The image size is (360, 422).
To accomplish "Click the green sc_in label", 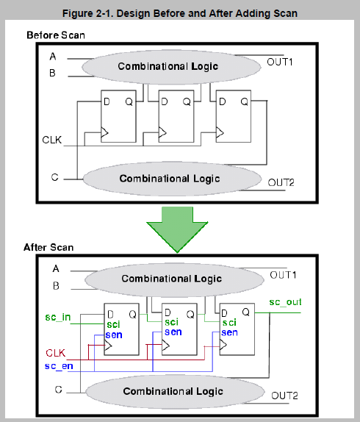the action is [x=58, y=318].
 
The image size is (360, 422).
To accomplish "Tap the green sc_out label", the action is [x=285, y=302].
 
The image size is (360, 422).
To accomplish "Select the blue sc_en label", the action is [x=59, y=366].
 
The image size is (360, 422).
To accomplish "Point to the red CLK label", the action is [x=55, y=353].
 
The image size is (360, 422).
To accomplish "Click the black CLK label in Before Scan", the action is [x=52, y=140].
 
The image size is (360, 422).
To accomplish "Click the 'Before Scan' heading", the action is [x=56, y=35].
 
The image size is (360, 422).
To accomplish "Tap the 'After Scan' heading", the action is [x=48, y=247].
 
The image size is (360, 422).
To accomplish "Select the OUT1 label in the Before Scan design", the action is [x=280, y=62].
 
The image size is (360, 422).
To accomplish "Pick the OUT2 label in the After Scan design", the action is [x=284, y=396].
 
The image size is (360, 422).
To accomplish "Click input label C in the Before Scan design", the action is [x=54, y=177].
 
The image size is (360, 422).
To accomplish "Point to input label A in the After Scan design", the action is [x=56, y=268].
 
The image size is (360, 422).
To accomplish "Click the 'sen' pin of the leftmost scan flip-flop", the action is [x=114, y=335].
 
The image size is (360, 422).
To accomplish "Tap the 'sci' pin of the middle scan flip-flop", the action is [x=171, y=322].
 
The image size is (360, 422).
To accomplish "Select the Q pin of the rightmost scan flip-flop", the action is [x=245, y=312].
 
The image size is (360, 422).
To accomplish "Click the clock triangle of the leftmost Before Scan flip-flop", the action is [x=104, y=132].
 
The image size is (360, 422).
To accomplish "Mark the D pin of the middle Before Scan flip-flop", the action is [x=165, y=101].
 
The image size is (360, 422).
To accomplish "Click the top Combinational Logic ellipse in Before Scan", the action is [x=171, y=67].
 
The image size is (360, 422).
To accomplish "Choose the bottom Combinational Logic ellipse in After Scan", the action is [x=175, y=391].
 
